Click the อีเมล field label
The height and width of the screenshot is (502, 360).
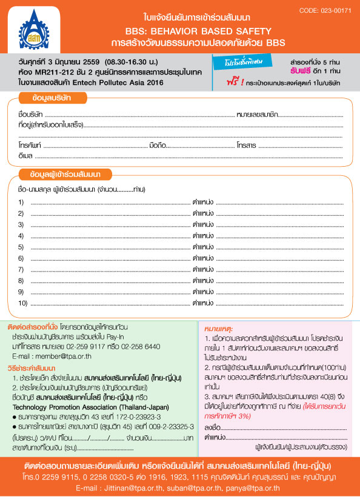click(x=25, y=156)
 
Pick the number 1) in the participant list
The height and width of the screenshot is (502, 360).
click(x=21, y=202)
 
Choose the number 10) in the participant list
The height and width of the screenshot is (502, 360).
click(x=23, y=302)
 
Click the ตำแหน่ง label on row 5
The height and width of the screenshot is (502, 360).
click(x=203, y=246)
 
